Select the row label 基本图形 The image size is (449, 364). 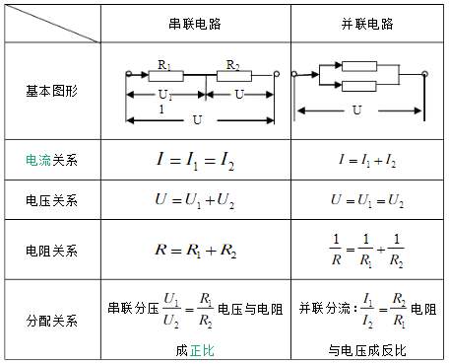[51, 89]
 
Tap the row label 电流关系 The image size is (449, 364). [51, 158]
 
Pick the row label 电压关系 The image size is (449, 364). [51, 200]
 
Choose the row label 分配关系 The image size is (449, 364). [51, 320]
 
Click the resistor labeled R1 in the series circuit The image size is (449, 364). [164, 74]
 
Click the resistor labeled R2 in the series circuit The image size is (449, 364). [233, 74]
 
